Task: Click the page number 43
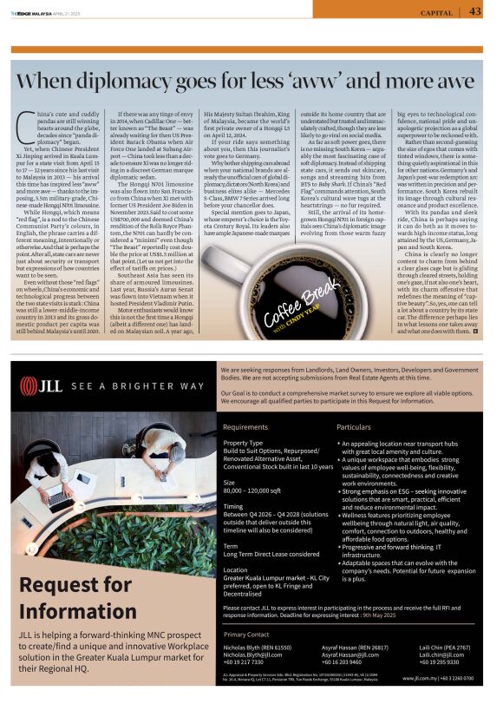coord(475,12)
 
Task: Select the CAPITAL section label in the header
coord(435,13)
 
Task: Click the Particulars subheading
coord(354,427)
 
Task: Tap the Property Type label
coord(242,443)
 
